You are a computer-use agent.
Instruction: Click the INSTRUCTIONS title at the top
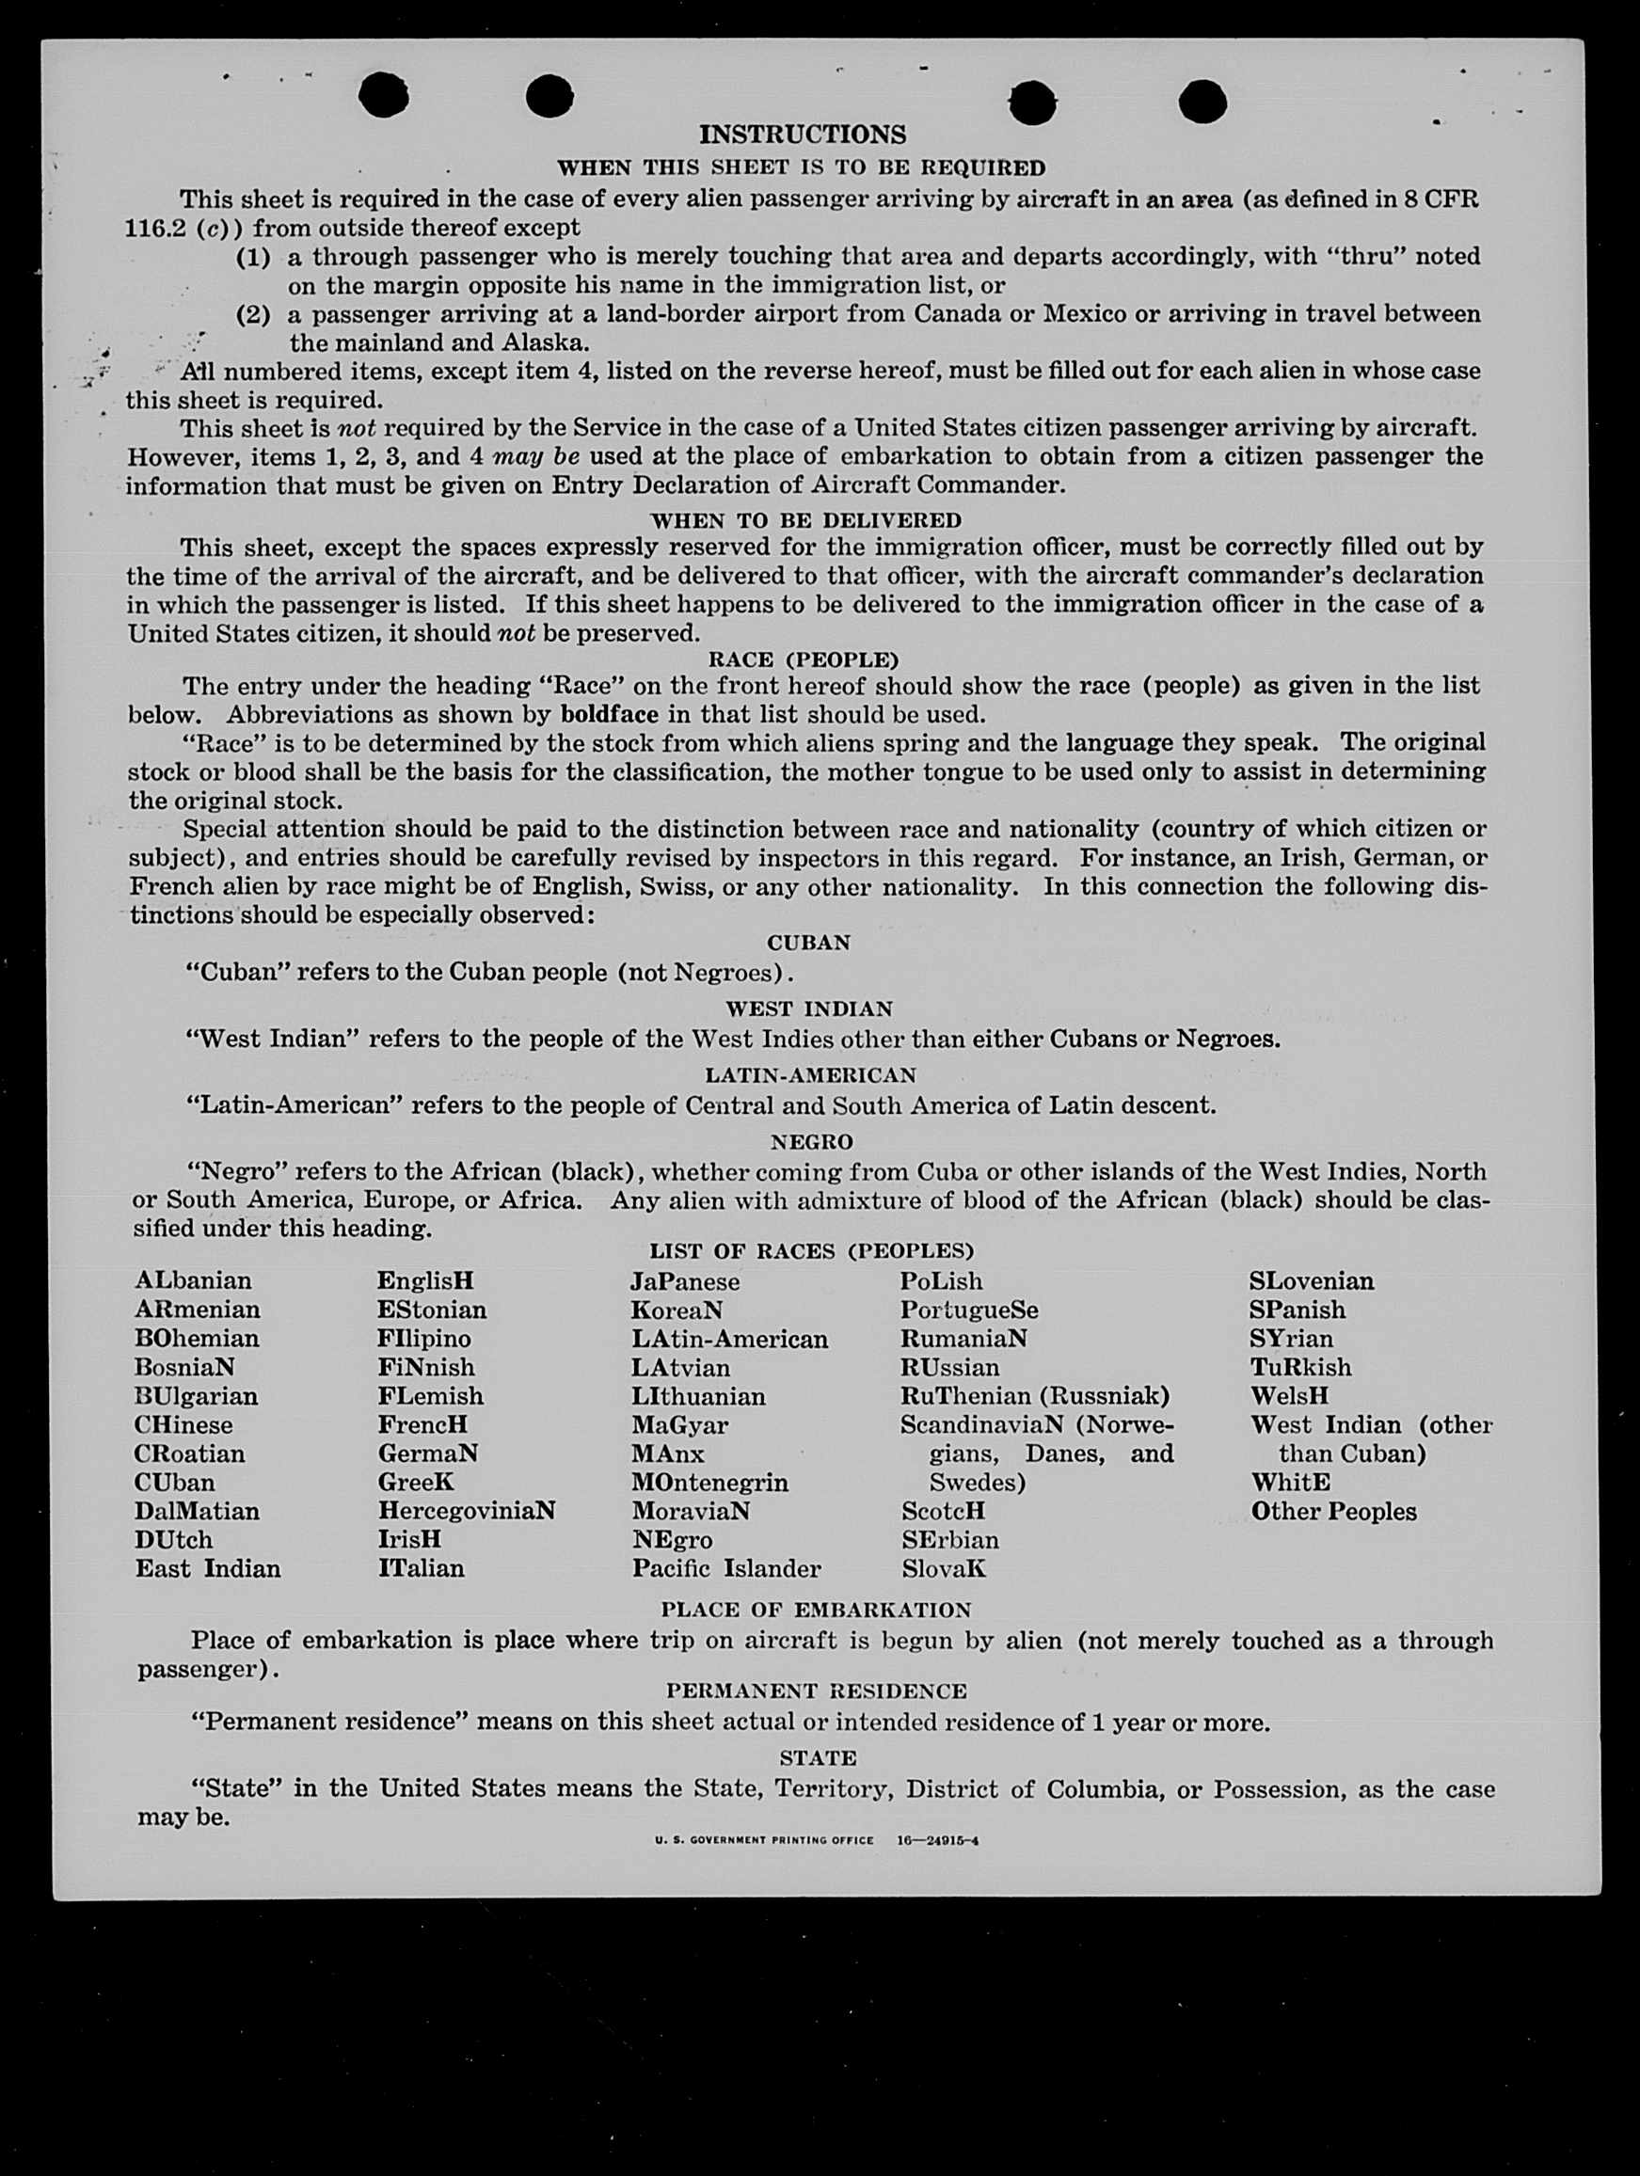point(802,134)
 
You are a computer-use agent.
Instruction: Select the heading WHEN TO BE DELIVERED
point(804,519)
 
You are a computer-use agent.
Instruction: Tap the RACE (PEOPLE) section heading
point(803,659)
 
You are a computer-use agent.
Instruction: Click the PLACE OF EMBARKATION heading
point(816,1610)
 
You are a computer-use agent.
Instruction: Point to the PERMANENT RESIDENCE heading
point(816,1690)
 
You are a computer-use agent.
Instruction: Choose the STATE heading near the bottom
point(818,1757)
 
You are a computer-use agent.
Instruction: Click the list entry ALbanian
point(193,1280)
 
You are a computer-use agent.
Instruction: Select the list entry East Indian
point(208,1568)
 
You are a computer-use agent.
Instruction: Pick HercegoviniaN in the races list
point(467,1510)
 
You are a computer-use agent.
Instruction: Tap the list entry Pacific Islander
point(726,1568)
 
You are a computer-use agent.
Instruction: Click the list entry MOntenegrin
point(709,1482)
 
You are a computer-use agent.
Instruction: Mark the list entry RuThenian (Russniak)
point(1034,1396)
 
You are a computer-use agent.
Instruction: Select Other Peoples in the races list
point(1333,1511)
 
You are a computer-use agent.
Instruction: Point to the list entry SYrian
point(1291,1339)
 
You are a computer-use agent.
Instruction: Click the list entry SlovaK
point(943,1568)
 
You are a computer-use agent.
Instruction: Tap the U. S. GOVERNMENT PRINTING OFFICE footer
point(763,1839)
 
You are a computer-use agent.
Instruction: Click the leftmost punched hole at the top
point(383,95)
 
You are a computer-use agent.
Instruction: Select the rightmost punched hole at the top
point(1202,102)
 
